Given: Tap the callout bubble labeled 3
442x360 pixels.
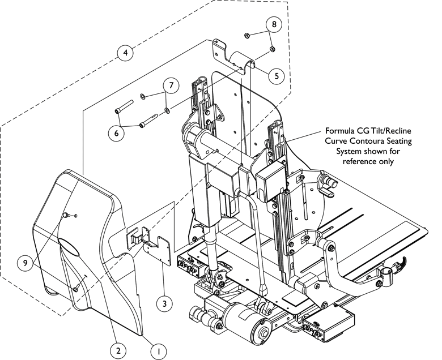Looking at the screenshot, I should click(x=164, y=303).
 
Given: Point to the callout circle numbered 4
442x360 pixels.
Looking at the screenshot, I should click(x=126, y=53).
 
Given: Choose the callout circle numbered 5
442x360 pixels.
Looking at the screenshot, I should click(x=276, y=75).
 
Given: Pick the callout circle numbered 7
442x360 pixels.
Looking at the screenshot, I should click(x=171, y=85).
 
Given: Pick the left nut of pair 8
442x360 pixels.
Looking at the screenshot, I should click(x=248, y=36).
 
